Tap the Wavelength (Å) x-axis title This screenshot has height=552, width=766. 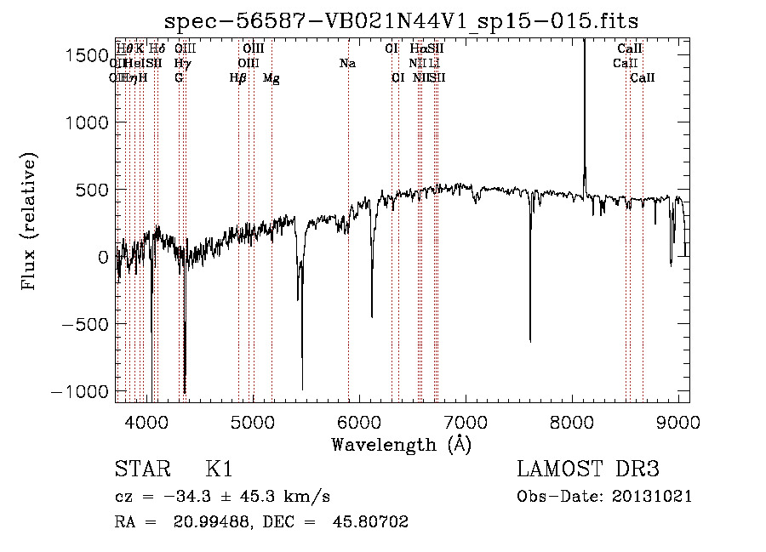402,444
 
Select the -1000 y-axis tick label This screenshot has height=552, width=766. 82,391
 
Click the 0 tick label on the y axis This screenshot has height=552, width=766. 102,257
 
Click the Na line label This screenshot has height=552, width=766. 347,63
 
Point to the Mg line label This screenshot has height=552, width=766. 272,78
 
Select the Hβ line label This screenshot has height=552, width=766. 237,78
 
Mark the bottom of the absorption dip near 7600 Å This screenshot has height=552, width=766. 530,340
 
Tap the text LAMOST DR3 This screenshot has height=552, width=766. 588,469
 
